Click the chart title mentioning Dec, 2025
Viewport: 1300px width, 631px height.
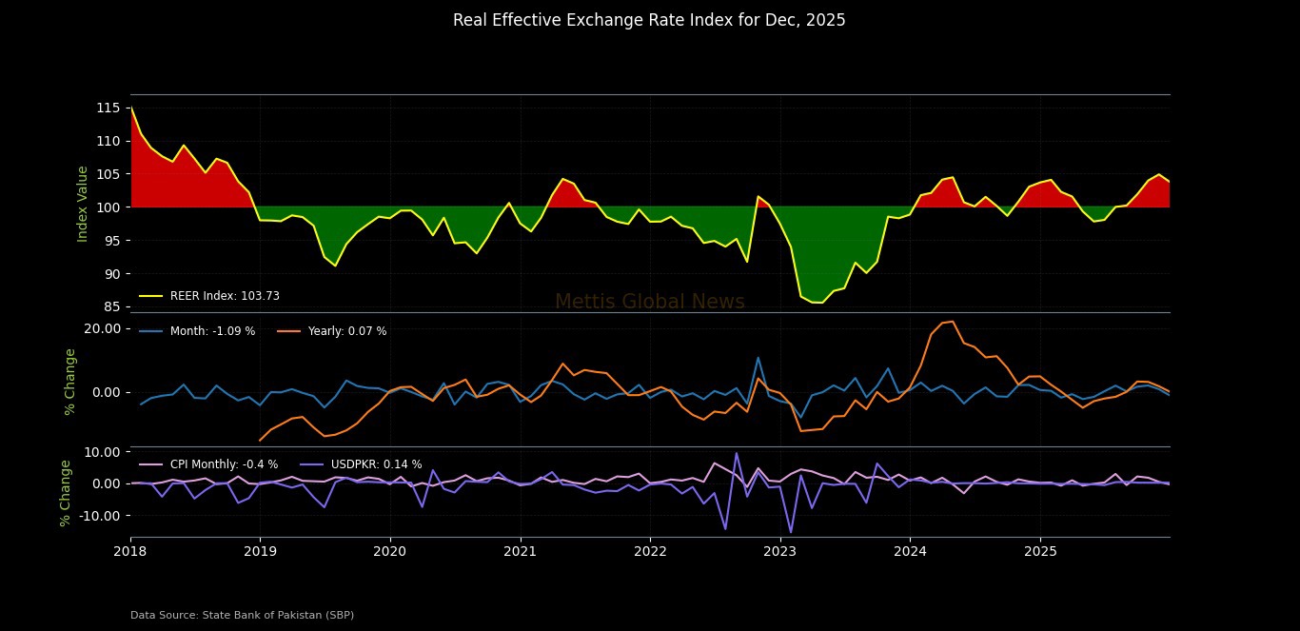pyautogui.click(x=649, y=20)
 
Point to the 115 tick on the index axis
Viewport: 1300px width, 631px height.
pyautogui.click(x=108, y=108)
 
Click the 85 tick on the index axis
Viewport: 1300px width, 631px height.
pyautogui.click(x=111, y=306)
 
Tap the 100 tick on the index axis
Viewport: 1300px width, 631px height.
pyautogui.click(x=108, y=207)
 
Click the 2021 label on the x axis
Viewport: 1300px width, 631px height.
pyautogui.click(x=520, y=551)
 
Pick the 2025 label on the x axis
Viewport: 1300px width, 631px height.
pyautogui.click(x=1039, y=551)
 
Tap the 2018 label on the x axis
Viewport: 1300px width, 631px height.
pyautogui.click(x=130, y=551)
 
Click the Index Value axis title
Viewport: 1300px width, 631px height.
pyautogui.click(x=83, y=204)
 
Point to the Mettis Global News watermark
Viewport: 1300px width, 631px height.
pyautogui.click(x=649, y=303)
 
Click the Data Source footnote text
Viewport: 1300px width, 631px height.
pyautogui.click(x=242, y=615)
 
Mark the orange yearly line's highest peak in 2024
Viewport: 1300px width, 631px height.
pyautogui.click(x=953, y=322)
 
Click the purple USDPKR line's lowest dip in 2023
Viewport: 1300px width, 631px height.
pyautogui.click(x=791, y=532)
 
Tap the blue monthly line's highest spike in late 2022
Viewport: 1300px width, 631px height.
pyautogui.click(x=758, y=358)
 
